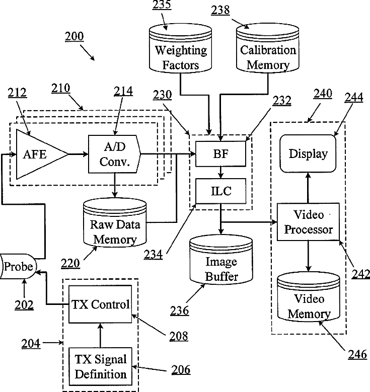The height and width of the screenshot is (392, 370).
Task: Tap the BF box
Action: pyautogui.click(x=221, y=153)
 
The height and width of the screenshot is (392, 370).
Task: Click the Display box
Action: pyautogui.click(x=308, y=153)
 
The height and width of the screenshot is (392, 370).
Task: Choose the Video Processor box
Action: pyautogui.click(x=308, y=222)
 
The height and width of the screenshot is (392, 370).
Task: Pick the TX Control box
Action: pyautogui.click(x=101, y=304)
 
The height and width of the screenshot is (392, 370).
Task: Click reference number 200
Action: pyautogui.click(x=75, y=37)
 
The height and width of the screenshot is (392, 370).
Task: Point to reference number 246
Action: pyautogui.click(x=358, y=354)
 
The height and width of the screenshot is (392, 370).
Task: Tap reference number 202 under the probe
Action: pyautogui.click(x=23, y=304)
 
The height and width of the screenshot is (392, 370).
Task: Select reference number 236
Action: pyautogui.click(x=179, y=310)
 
